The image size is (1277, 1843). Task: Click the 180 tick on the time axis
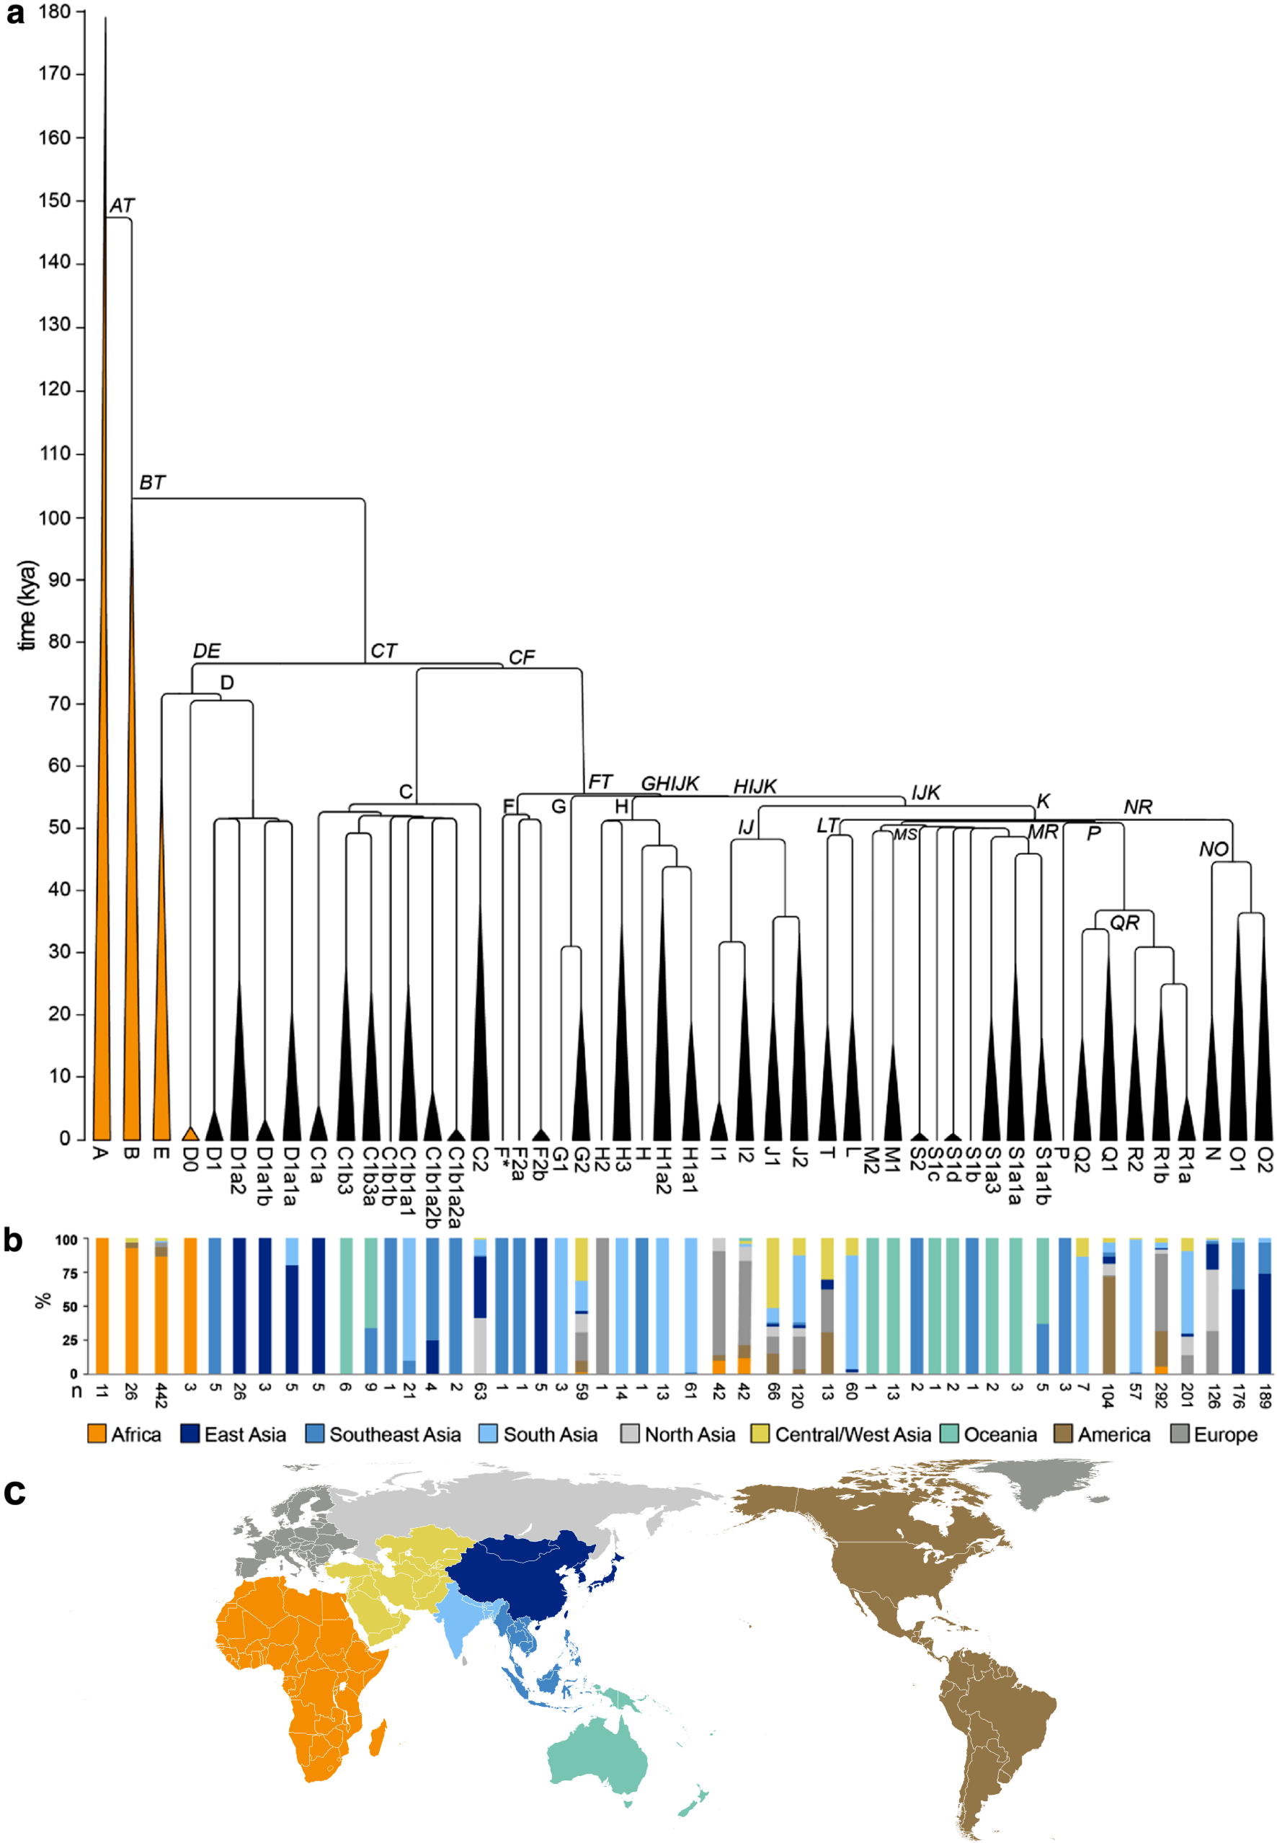click(54, 12)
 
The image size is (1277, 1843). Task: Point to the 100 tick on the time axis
click(54, 517)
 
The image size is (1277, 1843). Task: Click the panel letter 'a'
click(15, 14)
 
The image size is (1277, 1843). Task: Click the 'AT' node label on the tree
click(122, 205)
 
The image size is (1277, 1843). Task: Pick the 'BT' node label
click(152, 483)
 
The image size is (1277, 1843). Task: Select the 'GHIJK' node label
click(669, 783)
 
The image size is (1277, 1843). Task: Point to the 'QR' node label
click(1124, 923)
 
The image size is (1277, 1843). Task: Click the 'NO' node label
click(1213, 849)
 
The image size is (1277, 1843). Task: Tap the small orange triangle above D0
click(190, 1133)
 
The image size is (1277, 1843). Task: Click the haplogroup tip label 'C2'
click(479, 1159)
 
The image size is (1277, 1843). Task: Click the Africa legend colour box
click(97, 1434)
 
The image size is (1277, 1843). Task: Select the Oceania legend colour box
click(949, 1434)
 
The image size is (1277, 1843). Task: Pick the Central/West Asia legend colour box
click(760, 1434)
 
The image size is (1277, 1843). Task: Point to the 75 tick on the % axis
click(71, 1273)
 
